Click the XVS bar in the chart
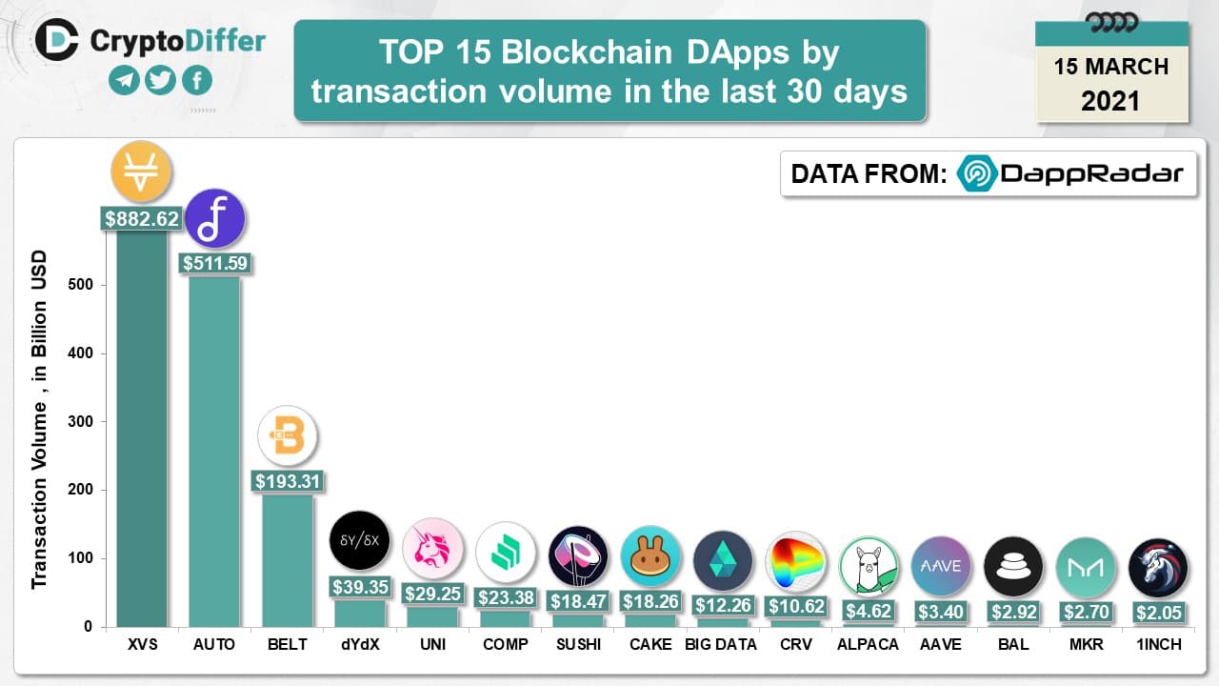pyautogui.click(x=142, y=429)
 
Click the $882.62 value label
pyautogui.click(x=142, y=218)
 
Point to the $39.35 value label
pyautogui.click(x=359, y=587)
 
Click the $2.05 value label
pyautogui.click(x=1158, y=612)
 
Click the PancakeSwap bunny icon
pyautogui.click(x=650, y=555)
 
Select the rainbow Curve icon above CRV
pyautogui.click(x=795, y=561)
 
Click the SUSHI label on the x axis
pyautogui.click(x=578, y=644)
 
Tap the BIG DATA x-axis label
pyautogui.click(x=721, y=644)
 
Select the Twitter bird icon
pyautogui.click(x=160, y=81)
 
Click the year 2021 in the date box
pyautogui.click(x=1110, y=100)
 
